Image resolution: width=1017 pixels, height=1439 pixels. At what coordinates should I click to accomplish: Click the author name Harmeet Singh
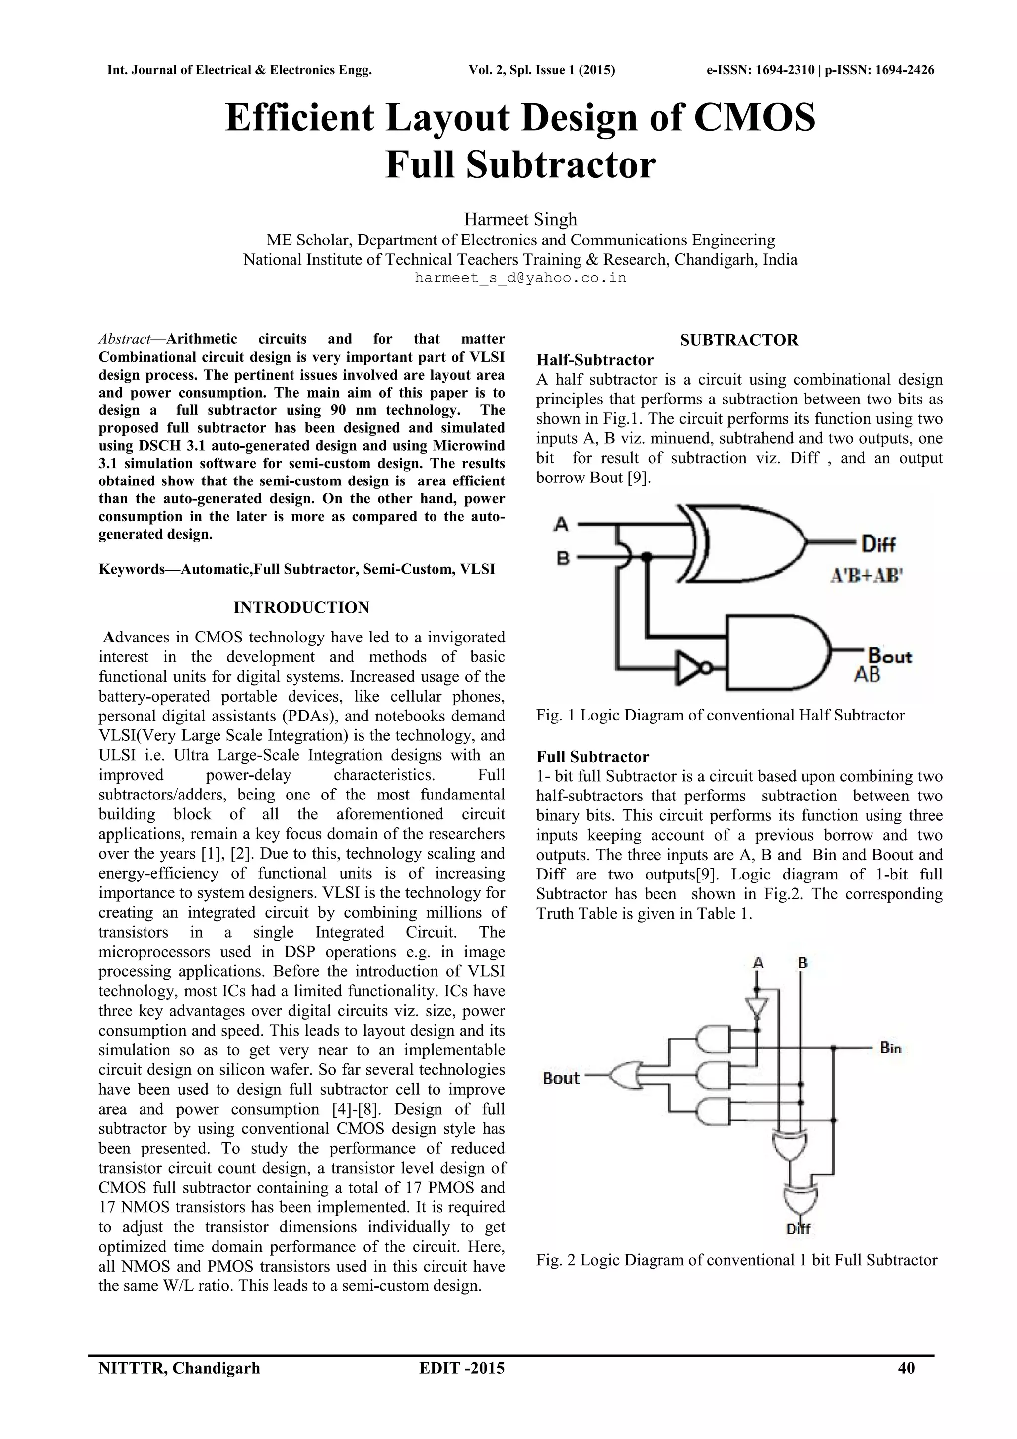[520, 219]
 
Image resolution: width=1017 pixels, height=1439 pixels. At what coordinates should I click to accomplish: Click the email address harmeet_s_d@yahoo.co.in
[520, 278]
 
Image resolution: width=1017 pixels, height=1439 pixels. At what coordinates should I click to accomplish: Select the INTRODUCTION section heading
[301, 607]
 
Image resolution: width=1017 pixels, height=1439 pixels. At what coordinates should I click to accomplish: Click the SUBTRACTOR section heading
[739, 340]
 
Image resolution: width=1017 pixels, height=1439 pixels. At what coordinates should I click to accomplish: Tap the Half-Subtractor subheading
[594, 360]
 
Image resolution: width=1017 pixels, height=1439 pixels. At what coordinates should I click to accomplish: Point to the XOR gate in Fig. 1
[745, 542]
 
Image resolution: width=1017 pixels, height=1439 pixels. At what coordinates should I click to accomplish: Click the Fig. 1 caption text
[720, 715]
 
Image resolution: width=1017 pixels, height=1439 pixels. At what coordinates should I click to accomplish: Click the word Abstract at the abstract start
[124, 339]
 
